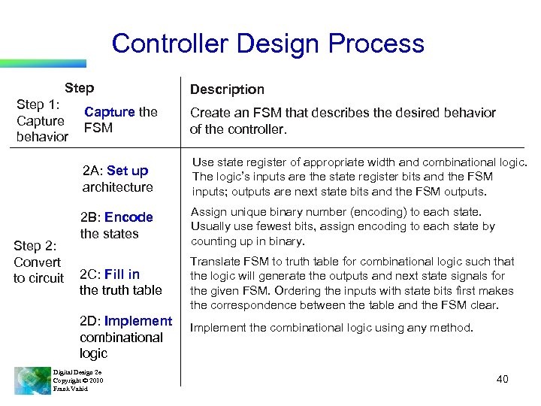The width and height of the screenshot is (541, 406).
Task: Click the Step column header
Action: (x=79, y=88)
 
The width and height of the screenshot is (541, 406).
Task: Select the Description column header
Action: (x=227, y=89)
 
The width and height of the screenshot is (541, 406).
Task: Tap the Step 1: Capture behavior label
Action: (x=42, y=120)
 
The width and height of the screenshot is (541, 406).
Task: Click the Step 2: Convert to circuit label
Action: (x=38, y=262)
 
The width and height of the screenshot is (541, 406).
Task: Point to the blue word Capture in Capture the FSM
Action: (x=109, y=112)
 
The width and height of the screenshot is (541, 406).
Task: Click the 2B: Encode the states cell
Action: (x=116, y=225)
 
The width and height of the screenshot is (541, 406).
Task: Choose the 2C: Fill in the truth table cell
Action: (x=120, y=282)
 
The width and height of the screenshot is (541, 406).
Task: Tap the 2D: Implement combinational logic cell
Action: (x=125, y=337)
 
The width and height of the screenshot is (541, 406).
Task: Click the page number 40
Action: (x=502, y=379)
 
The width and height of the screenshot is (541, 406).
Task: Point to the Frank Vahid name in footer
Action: (x=70, y=389)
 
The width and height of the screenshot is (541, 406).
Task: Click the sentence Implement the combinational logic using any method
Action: (x=332, y=327)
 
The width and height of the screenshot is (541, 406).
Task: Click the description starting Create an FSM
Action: (x=342, y=120)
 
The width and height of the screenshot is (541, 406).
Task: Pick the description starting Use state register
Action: (x=359, y=177)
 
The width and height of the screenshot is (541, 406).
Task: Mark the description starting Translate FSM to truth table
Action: (x=352, y=283)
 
